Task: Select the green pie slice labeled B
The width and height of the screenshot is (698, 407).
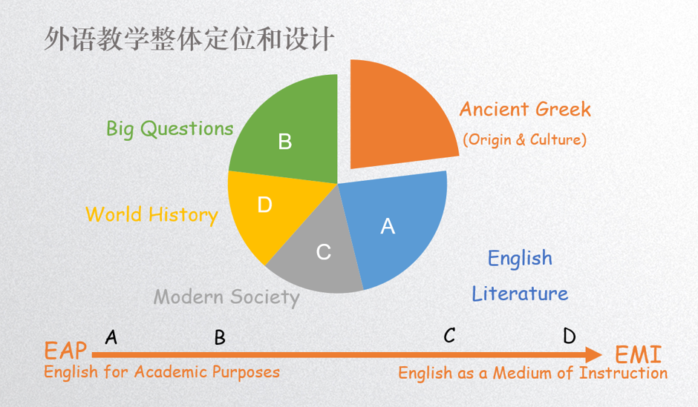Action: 290,133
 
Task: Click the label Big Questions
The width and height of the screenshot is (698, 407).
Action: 169,129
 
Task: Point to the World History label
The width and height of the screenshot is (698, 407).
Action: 151,215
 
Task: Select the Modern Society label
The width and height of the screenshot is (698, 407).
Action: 226,297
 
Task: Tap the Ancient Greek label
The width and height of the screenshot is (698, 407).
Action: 525,109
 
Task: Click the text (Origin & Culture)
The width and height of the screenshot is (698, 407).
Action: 525,140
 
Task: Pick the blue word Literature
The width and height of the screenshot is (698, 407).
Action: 520,294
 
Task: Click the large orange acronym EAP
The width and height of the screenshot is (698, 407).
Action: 65,351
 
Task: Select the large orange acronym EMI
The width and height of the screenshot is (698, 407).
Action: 639,354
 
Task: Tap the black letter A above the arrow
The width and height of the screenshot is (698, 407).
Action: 111,337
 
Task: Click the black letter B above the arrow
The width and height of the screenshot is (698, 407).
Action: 220,338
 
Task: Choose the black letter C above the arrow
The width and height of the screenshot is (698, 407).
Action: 449,335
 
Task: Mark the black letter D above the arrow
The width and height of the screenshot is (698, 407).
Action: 570,336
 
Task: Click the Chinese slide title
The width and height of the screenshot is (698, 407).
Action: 189,39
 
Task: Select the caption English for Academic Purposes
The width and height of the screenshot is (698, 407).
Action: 162,372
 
